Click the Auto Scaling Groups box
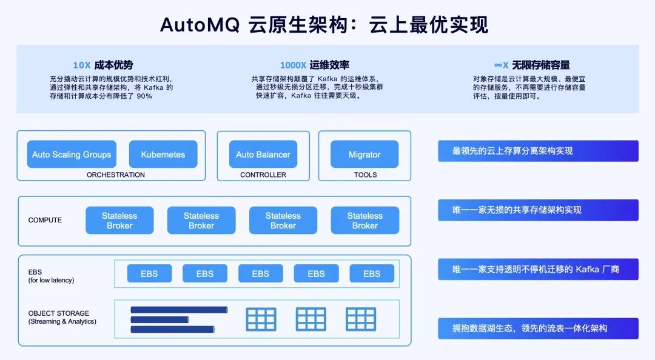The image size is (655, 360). (x=72, y=155)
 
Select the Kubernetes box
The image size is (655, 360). (x=163, y=155)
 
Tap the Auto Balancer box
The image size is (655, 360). (x=263, y=155)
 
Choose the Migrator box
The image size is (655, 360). (x=364, y=155)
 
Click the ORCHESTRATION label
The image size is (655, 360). (x=116, y=175)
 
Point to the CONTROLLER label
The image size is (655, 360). (x=263, y=175)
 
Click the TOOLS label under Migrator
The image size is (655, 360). (x=365, y=175)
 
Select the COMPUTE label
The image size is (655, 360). (x=45, y=220)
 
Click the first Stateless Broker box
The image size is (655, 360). (x=119, y=221)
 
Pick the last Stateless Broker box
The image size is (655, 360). (x=364, y=221)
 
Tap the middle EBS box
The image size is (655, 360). (x=260, y=274)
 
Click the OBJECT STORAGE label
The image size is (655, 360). (x=59, y=313)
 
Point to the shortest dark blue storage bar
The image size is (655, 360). (x=160, y=319)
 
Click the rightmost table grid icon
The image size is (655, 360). (x=361, y=319)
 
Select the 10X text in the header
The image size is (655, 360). (x=81, y=65)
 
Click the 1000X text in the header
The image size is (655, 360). (x=293, y=65)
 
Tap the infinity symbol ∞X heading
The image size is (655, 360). (x=501, y=65)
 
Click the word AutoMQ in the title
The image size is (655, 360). (x=200, y=25)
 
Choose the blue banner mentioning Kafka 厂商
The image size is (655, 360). (x=538, y=269)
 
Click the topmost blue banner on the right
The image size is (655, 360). (x=538, y=151)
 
